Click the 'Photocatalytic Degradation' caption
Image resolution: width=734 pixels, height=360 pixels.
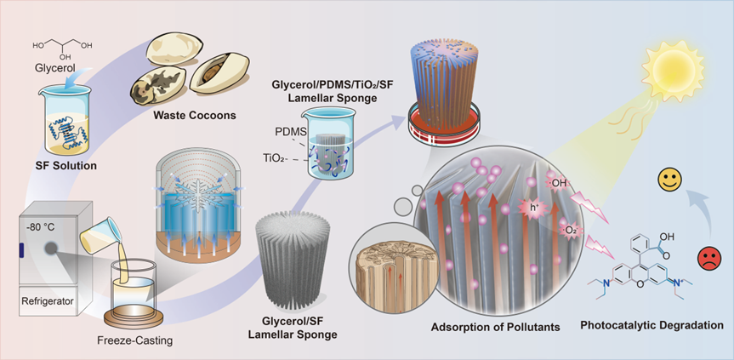coord(652,325)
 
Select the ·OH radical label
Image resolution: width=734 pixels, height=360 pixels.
coord(557,181)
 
